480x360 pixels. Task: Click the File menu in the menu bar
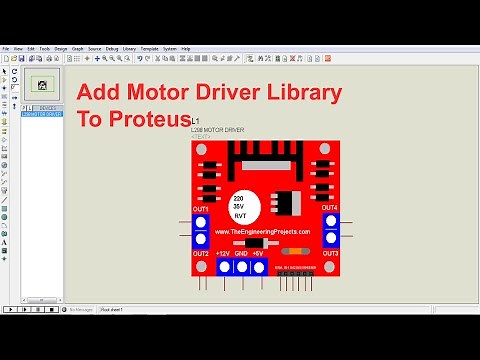pyautogui.click(x=6, y=48)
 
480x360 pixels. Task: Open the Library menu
pyautogui.click(x=129, y=48)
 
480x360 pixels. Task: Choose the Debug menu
pyautogui.click(x=111, y=48)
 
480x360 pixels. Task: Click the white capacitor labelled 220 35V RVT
pyautogui.click(x=241, y=205)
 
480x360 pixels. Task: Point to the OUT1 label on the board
pyautogui.click(x=201, y=208)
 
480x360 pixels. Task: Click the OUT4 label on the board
pyautogui.click(x=330, y=208)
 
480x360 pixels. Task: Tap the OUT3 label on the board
pyautogui.click(x=330, y=253)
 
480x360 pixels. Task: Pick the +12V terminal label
pyautogui.click(x=222, y=254)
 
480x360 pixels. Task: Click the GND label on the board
pyautogui.click(x=242, y=254)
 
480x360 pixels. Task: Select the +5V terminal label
pyautogui.click(x=258, y=254)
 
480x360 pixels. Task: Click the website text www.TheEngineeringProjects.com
pyautogui.click(x=262, y=231)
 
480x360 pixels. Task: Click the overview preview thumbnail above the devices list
pyautogui.click(x=41, y=84)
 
